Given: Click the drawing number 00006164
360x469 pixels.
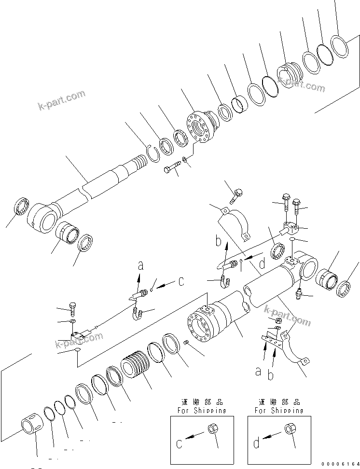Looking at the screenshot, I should click(x=336, y=463).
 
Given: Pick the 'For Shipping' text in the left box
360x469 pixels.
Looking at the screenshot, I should click(x=202, y=411).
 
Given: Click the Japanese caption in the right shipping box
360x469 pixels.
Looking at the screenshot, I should click(x=279, y=402).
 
